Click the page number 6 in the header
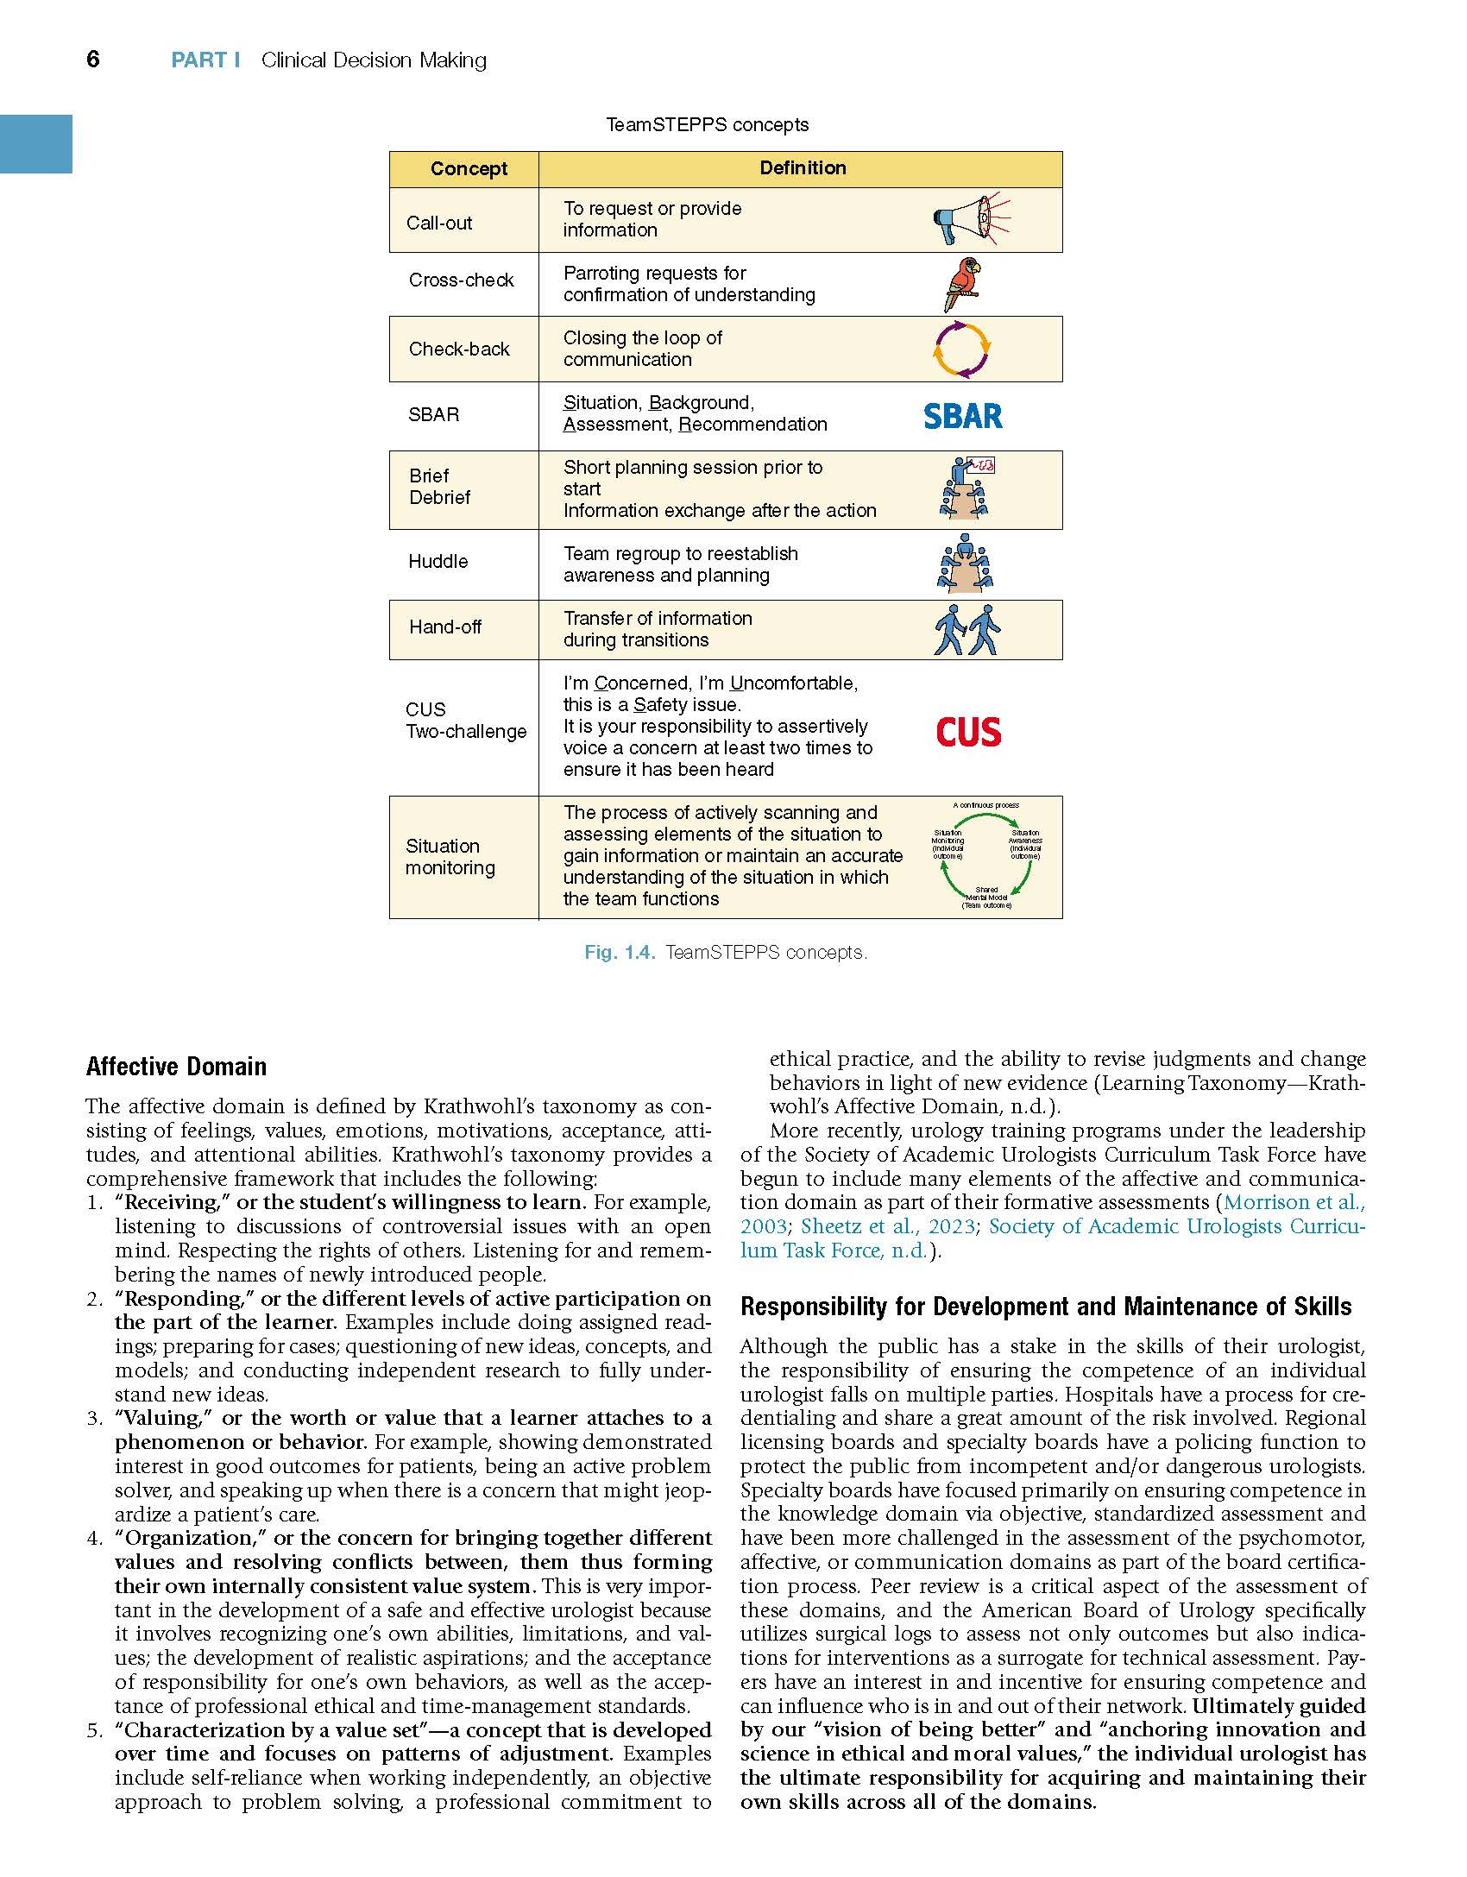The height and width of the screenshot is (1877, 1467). pos(93,59)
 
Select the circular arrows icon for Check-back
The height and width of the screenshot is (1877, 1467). pos(962,350)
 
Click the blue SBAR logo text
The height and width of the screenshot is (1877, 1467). pos(962,416)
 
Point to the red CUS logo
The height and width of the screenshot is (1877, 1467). pos(968,732)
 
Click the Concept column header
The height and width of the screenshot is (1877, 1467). pos(469,168)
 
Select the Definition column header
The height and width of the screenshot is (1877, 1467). pos(803,167)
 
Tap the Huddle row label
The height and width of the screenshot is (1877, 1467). pos(438,561)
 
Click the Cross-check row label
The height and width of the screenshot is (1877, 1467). pos(461,280)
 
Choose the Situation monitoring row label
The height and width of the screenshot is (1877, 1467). pos(449,857)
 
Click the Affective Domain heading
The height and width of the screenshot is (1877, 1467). pos(176,1067)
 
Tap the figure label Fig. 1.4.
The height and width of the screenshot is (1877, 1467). pos(620,952)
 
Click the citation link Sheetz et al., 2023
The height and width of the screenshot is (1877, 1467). pos(888,1226)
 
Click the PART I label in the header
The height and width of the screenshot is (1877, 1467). pos(205,60)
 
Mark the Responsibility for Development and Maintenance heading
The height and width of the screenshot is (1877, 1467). pos(1046,1307)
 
